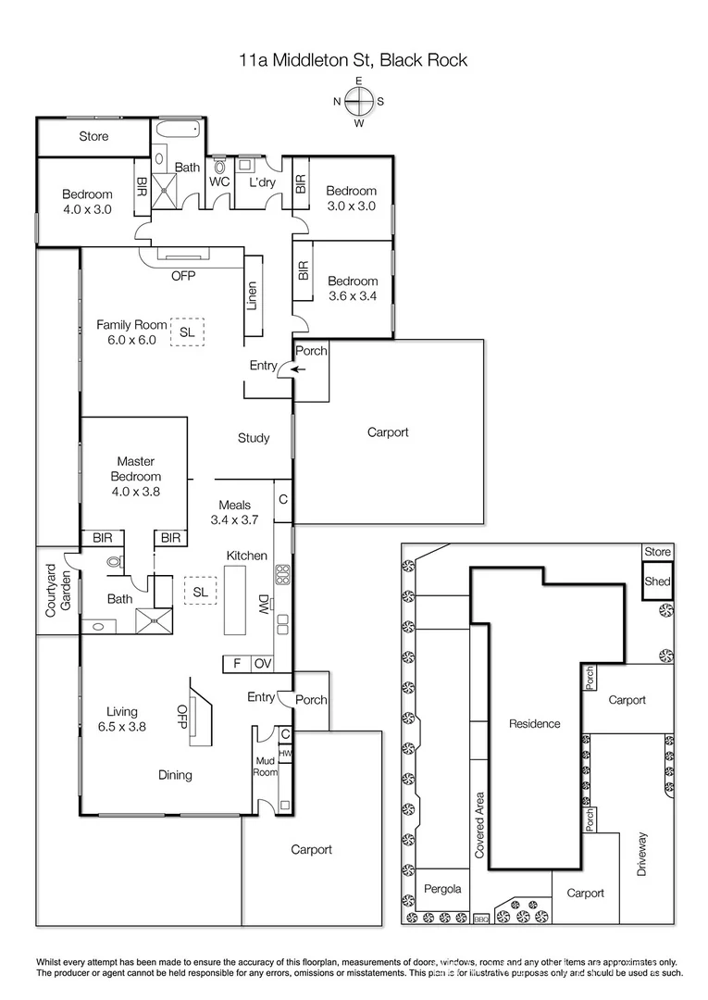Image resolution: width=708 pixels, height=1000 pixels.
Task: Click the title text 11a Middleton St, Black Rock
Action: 353,61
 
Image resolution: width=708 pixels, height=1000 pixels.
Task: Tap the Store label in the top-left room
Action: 93,137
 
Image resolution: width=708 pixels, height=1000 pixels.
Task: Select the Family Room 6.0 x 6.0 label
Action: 132,332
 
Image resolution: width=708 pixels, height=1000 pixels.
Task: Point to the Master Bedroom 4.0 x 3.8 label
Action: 135,476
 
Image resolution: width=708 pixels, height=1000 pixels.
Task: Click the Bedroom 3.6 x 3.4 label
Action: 353,289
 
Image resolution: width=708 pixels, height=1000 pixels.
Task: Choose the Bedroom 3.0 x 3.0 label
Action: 351,199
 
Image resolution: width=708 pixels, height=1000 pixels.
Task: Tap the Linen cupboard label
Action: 252,296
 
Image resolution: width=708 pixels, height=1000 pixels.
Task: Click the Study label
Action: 254,438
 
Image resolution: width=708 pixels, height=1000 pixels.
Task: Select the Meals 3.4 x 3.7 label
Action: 235,513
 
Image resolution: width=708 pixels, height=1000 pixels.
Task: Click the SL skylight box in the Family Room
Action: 187,331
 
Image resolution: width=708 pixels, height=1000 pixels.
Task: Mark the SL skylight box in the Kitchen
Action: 199,591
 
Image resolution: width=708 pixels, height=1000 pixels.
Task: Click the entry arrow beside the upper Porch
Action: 296,369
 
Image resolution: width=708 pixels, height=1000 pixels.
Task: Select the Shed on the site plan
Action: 657,582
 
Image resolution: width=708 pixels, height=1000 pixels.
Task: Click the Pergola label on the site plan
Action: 443,889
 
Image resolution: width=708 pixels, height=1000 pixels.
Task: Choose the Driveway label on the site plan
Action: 643,855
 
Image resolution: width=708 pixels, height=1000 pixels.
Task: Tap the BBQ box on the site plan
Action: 480,919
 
